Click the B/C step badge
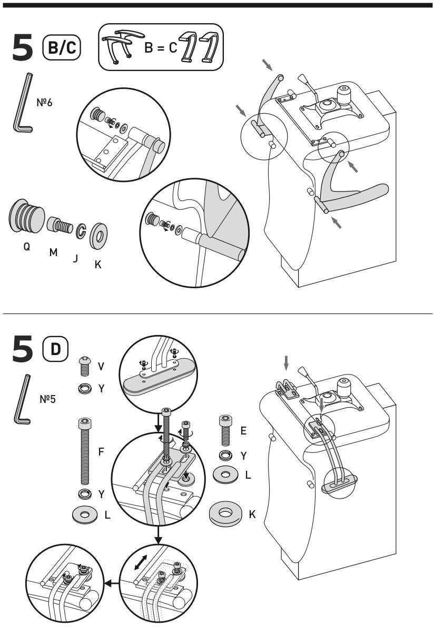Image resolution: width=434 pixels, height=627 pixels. click(x=62, y=47)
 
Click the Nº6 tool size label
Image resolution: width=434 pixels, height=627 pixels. click(x=44, y=102)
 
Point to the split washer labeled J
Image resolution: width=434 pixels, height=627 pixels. click(x=81, y=230)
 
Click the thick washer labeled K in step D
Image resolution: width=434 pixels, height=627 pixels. click(x=226, y=512)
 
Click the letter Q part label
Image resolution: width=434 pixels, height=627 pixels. click(x=26, y=246)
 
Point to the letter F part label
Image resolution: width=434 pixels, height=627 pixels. click(x=101, y=451)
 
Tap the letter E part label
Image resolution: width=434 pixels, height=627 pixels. click(x=243, y=430)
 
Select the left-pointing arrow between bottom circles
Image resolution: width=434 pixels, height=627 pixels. click(x=111, y=583)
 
